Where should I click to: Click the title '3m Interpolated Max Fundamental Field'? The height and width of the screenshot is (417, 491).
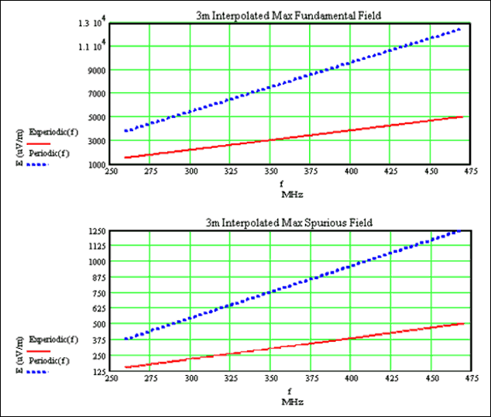point(288,16)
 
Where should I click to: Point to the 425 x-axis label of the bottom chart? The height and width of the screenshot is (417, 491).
point(391,380)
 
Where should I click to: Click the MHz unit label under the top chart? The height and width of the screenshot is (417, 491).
point(292,192)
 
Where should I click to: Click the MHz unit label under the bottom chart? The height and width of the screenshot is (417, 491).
point(292,401)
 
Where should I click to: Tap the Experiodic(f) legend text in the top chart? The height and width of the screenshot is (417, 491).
point(53,133)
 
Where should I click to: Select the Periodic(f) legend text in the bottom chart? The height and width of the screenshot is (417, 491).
point(51,362)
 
